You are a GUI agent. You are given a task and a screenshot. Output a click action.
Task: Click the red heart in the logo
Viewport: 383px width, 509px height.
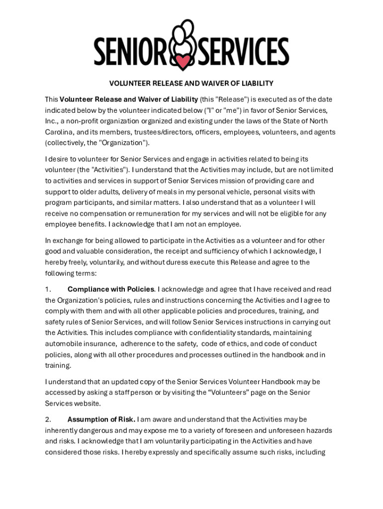(184, 63)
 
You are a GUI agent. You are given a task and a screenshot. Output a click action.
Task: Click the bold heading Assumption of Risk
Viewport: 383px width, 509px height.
(101, 420)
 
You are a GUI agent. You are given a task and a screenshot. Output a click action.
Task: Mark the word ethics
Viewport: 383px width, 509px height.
(248, 344)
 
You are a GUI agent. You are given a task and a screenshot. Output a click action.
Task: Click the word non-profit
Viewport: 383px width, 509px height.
(80, 121)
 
